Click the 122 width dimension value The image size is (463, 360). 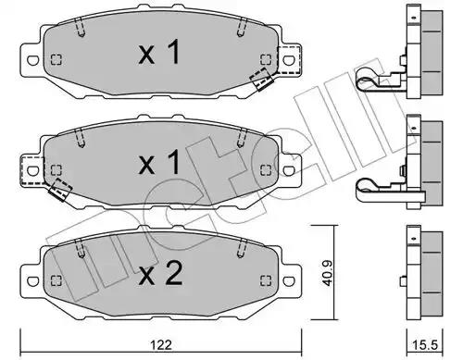click(x=161, y=344)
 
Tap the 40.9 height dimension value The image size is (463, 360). click(x=327, y=273)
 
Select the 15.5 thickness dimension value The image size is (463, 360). click(x=425, y=345)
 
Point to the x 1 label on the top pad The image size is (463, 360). click(x=159, y=52)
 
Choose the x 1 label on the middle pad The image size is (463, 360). click(x=159, y=162)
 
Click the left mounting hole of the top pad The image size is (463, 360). click(x=32, y=60)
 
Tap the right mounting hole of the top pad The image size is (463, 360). click(x=289, y=60)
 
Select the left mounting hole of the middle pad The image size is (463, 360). click(x=32, y=170)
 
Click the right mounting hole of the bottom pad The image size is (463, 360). click(x=289, y=280)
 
